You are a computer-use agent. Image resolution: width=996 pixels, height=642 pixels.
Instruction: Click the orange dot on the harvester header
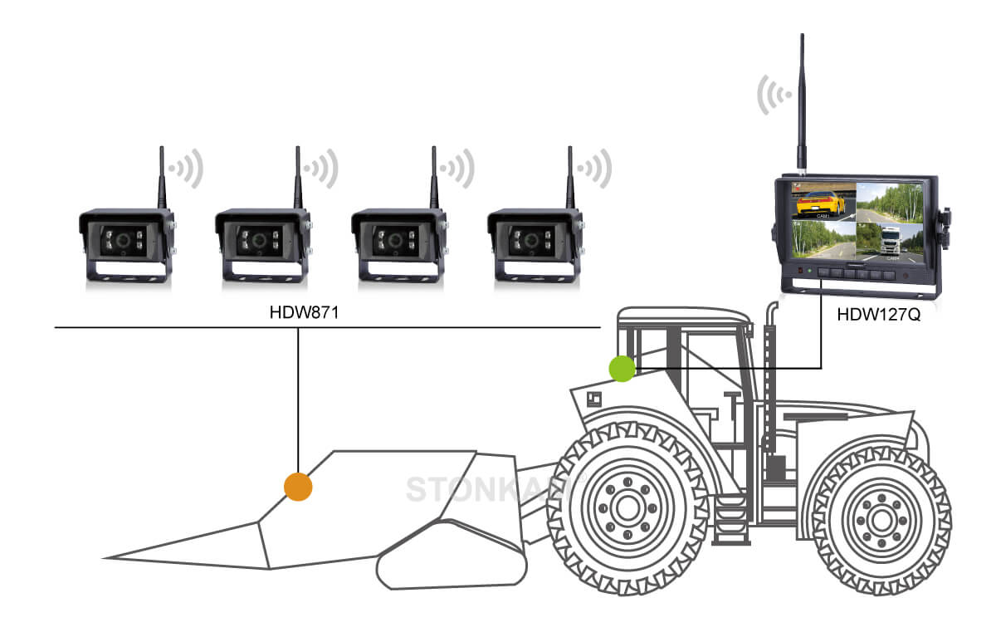297,486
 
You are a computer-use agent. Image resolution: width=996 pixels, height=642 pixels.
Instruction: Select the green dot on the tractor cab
622,368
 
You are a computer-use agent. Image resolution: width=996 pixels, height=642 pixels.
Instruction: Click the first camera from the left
126,244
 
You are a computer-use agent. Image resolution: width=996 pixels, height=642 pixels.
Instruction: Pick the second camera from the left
262,244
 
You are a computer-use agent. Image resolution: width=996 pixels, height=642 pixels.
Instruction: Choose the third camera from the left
398,244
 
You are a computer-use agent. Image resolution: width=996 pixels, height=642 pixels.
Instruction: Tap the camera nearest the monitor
535,244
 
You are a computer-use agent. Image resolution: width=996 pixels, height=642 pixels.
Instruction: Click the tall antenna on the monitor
802,100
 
